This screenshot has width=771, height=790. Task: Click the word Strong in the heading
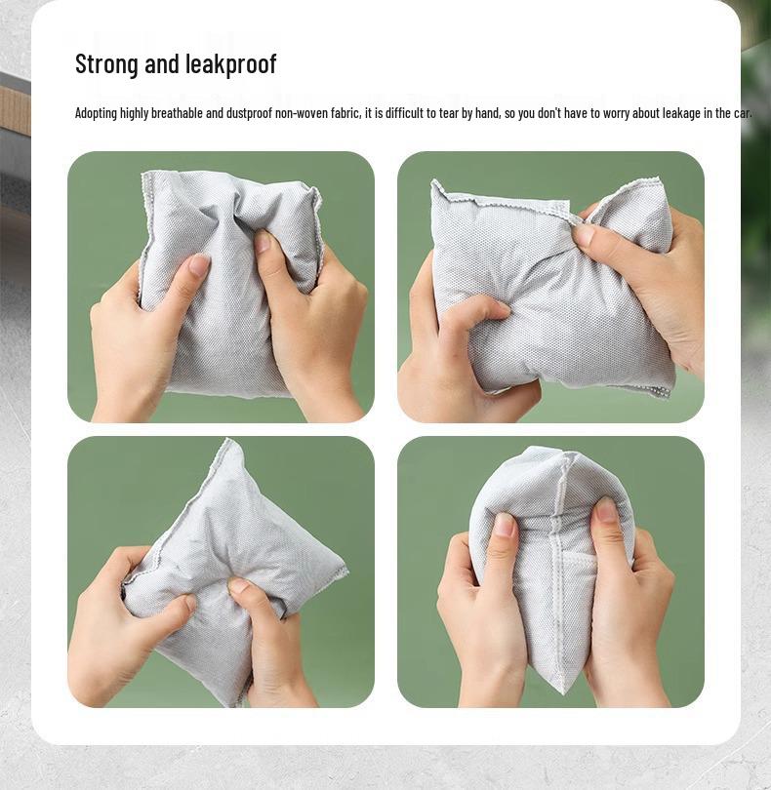click(x=107, y=64)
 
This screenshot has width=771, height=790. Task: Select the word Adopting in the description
click(x=96, y=113)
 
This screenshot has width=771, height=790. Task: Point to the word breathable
click(x=175, y=113)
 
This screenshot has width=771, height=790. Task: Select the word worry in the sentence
click(x=616, y=113)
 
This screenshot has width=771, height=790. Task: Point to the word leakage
click(x=681, y=113)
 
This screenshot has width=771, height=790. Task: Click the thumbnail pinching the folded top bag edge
click(x=584, y=234)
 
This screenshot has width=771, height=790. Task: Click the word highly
click(x=135, y=113)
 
